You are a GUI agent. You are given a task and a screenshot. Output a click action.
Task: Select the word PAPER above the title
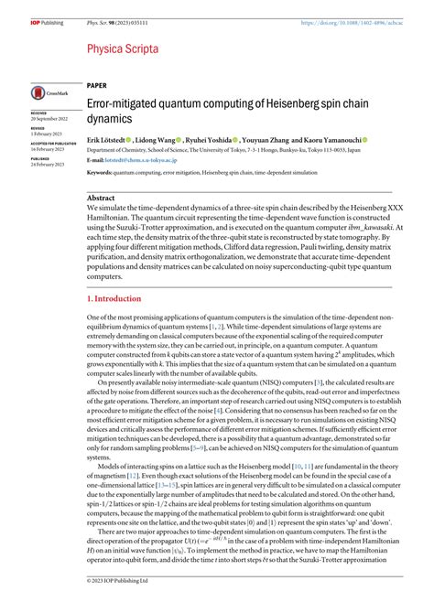96,83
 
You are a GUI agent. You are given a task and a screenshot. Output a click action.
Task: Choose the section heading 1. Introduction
116,298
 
